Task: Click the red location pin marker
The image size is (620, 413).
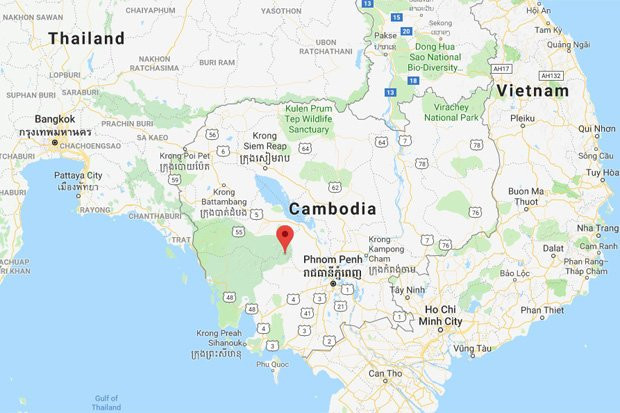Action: coord(284,237)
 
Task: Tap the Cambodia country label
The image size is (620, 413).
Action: coord(332,209)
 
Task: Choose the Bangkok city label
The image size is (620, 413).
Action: coord(53,119)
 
